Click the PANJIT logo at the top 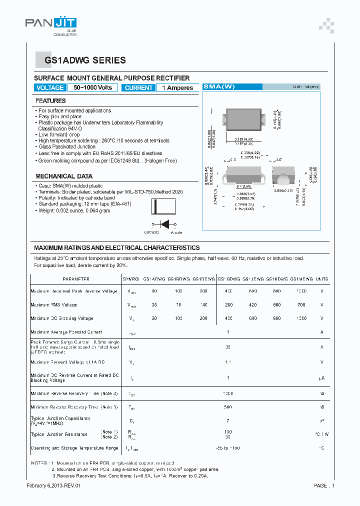pos(51,24)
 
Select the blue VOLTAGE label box pos(50,87)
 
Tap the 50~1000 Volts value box pos(93,87)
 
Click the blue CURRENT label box pos(138,87)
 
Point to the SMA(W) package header pos(218,86)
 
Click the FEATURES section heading pos(50,101)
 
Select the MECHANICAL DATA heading pos(64,176)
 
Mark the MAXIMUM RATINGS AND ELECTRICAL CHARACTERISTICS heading pos(116,248)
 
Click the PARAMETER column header pos(76,279)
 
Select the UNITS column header pos(322,279)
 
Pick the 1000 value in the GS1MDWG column pos(301,291)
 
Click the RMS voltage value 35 pos(154,304)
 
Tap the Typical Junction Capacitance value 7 pos(227,421)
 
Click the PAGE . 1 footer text pos(324,485)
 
